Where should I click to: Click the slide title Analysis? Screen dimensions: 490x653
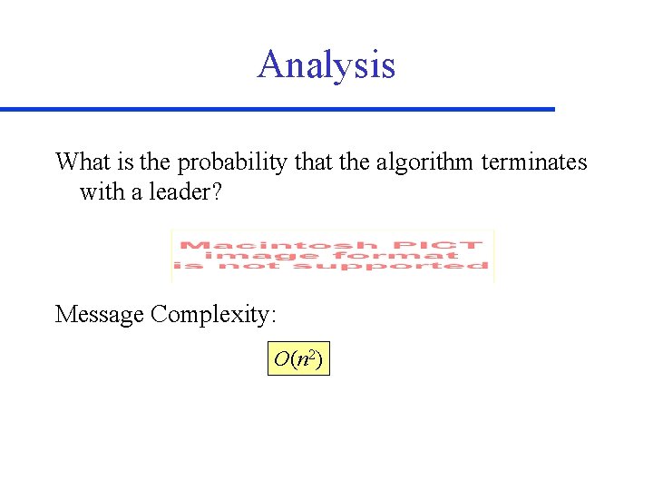click(326, 65)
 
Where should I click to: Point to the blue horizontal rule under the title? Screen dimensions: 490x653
click(277, 109)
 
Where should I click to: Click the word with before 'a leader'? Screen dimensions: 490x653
click(100, 192)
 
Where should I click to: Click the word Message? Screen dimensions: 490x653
click(100, 315)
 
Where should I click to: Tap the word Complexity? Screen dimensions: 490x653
click(213, 315)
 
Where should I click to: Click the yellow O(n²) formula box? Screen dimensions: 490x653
click(298, 360)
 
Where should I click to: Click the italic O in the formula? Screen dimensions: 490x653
click(280, 360)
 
